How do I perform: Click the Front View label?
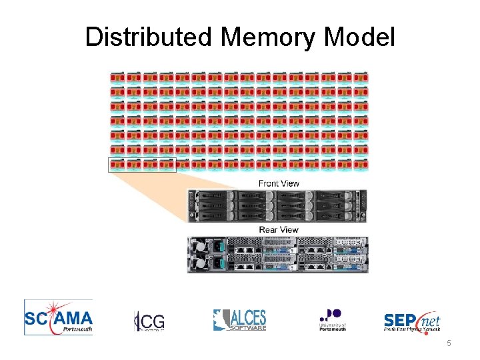[279, 183]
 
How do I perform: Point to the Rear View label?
[279, 229]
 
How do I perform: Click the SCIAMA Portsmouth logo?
[59, 317]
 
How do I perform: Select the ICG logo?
[149, 321]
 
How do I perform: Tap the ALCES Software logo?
[239, 320]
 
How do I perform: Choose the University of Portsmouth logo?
[332, 320]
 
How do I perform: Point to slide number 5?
[449, 343]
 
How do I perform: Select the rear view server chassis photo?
[277, 254]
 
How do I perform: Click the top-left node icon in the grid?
[117, 77]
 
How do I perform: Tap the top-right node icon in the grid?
[361, 77]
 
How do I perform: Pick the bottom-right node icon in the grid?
[361, 164]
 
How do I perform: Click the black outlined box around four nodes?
[142, 165]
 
